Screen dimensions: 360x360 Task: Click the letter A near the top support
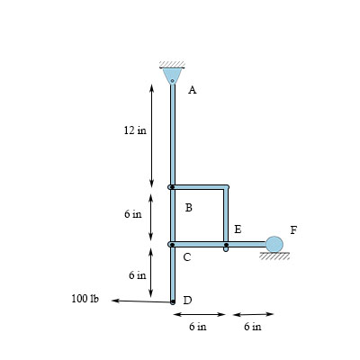[x=193, y=90]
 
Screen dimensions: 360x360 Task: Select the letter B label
[x=189, y=208]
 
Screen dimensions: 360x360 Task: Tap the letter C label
[x=187, y=257]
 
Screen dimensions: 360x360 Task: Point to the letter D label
[x=187, y=300]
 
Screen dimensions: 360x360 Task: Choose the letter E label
[x=238, y=229]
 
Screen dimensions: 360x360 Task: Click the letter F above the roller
[x=293, y=230]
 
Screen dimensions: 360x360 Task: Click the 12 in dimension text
[x=135, y=130]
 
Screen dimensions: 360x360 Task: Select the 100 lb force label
[x=85, y=299]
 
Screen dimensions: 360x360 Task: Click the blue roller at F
[x=274, y=244]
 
